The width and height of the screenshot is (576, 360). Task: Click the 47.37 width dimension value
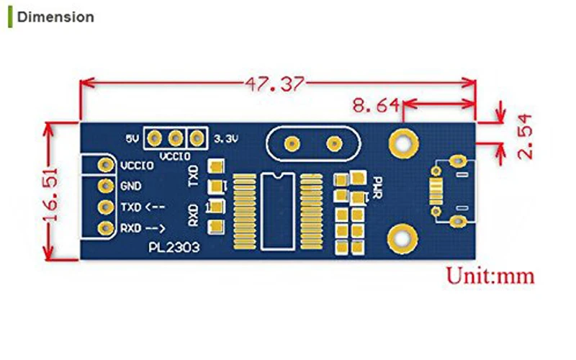pyautogui.click(x=275, y=84)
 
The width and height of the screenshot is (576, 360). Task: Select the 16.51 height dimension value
pyautogui.click(x=50, y=194)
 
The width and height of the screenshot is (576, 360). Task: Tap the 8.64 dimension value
pyautogui.click(x=376, y=105)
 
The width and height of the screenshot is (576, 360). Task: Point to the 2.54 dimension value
pyautogui.click(x=525, y=136)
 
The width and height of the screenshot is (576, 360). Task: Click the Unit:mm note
pyautogui.click(x=490, y=276)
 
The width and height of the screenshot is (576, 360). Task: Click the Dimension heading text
pyautogui.click(x=55, y=17)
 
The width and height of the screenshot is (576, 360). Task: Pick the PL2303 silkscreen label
pyautogui.click(x=174, y=247)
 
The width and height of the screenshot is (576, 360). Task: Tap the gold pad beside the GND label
pyautogui.click(x=106, y=186)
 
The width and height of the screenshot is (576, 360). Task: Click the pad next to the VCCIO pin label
pyautogui.click(x=106, y=165)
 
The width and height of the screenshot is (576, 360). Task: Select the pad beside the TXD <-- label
pyautogui.click(x=106, y=207)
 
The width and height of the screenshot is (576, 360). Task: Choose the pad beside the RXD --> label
pyautogui.click(x=106, y=228)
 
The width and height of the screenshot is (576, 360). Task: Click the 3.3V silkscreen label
pyautogui.click(x=226, y=139)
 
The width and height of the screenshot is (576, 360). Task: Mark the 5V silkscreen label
pyautogui.click(x=132, y=139)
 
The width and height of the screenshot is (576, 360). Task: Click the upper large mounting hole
pyautogui.click(x=403, y=143)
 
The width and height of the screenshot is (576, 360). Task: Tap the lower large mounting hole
pyautogui.click(x=403, y=239)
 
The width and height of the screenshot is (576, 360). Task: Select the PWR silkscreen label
pyautogui.click(x=377, y=188)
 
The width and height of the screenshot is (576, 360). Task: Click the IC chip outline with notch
pyautogui.click(x=278, y=212)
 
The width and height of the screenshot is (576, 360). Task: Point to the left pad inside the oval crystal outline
pyautogui.click(x=292, y=143)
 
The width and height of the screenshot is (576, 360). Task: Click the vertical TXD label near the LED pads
pyautogui.click(x=193, y=176)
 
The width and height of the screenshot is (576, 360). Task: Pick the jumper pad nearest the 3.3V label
pyautogui.click(x=197, y=138)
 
